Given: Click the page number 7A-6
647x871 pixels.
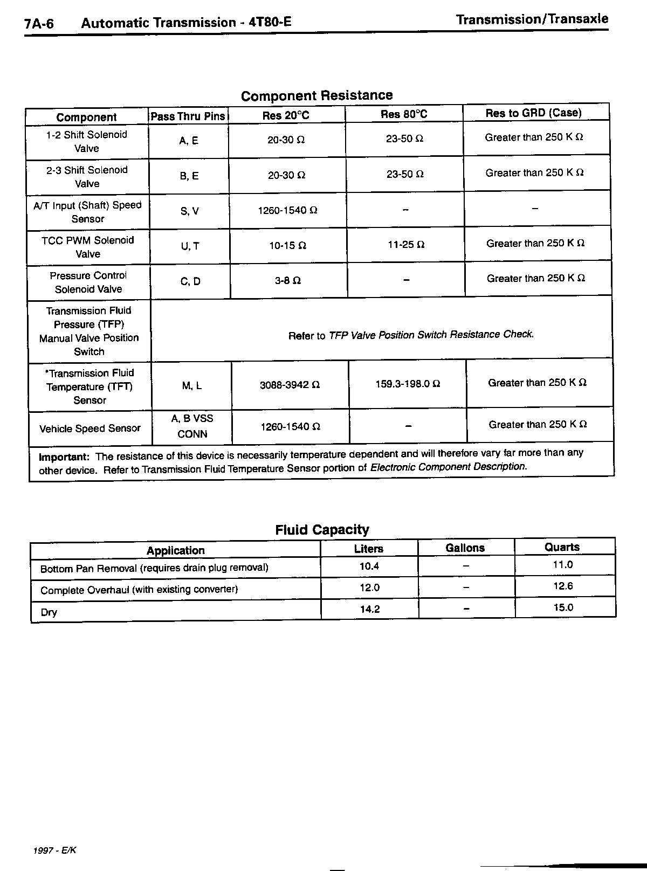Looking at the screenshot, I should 39,24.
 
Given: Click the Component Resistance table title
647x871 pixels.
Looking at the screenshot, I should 316,96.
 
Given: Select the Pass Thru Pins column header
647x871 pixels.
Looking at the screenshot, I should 188,116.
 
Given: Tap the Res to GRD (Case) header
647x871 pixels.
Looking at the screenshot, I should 533,113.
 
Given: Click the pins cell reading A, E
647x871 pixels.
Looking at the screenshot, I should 189,141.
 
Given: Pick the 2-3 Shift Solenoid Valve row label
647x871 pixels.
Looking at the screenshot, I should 87,177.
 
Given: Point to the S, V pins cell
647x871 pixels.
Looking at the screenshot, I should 190,211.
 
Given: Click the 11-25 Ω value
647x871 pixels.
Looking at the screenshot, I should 406,245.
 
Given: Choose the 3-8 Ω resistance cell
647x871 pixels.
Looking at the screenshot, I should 288,281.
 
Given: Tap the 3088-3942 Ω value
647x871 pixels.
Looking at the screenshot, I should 290,385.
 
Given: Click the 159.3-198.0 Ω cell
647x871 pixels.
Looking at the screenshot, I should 408,384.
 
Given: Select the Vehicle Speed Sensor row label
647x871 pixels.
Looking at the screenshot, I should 90,428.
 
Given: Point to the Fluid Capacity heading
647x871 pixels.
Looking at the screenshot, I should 322,530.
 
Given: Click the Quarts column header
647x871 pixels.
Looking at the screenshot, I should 562,547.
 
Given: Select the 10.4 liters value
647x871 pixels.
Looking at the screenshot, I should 369,566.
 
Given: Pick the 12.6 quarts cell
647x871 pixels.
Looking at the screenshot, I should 563,586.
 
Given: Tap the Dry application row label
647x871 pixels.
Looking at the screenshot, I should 49,613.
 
